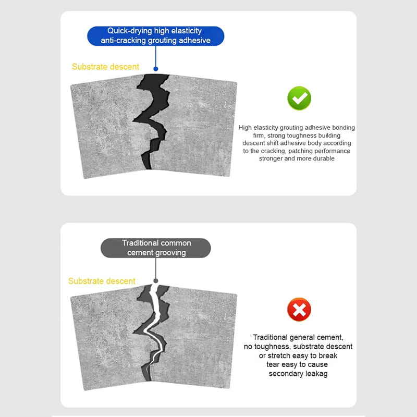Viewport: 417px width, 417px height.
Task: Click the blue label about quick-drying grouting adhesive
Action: click(x=155, y=36)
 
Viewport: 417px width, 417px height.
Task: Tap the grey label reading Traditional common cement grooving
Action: click(x=156, y=248)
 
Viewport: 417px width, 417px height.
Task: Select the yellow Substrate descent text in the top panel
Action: click(x=105, y=67)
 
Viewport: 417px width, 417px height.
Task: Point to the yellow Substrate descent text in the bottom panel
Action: click(x=102, y=281)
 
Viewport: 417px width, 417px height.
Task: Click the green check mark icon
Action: click(x=299, y=99)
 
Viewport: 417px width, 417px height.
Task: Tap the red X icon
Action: click(x=299, y=311)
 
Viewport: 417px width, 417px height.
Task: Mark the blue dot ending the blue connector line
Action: click(x=155, y=68)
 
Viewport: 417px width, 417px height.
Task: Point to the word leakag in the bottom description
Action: click(x=314, y=374)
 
